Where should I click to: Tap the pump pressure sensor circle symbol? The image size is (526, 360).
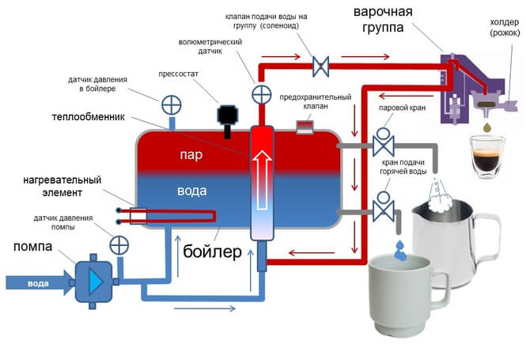pos(119,245)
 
